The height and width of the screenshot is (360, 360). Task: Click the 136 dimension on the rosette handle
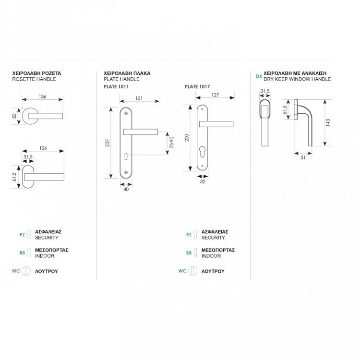42,96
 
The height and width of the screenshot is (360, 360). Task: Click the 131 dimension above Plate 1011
140,98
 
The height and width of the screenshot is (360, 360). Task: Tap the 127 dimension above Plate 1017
215,95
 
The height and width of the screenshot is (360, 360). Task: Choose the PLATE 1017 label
196,87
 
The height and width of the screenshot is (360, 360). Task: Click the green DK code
259,76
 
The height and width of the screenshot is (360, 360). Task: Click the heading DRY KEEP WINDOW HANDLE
297,79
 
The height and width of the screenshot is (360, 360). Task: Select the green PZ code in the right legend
189,235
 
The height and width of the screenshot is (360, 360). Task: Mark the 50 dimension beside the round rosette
15,116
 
